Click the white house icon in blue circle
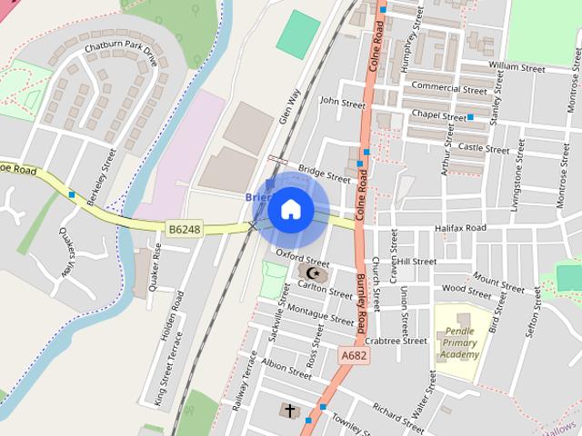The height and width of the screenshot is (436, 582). (290, 210)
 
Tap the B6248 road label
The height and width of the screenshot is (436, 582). (185, 230)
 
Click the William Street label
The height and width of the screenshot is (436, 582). (516, 66)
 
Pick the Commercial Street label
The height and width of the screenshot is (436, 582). (448, 88)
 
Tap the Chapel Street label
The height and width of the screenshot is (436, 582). (438, 117)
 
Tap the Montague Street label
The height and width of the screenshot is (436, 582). (319, 314)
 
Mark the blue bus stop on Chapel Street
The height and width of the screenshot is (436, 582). (471, 117)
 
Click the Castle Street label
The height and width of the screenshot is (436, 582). (484, 148)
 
